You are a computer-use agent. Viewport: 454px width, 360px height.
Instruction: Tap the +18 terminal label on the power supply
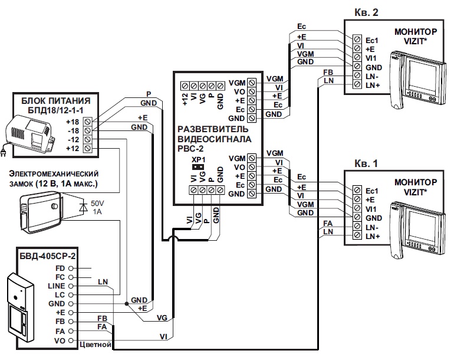point(73,122)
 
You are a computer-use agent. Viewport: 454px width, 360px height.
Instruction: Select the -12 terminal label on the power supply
point(73,140)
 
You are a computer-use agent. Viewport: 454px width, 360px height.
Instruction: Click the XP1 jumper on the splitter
point(197,167)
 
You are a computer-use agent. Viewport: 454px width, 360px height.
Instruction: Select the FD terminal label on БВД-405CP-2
point(60,267)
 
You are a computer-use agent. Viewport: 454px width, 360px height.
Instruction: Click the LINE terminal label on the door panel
point(57,285)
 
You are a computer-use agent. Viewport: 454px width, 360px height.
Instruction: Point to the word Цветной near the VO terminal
point(96,343)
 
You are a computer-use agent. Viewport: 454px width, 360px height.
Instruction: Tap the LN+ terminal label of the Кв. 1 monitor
point(373,236)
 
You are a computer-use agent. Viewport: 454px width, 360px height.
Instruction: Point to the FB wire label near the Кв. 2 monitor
point(328,72)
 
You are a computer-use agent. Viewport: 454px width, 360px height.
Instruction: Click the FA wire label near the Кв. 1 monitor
point(328,223)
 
